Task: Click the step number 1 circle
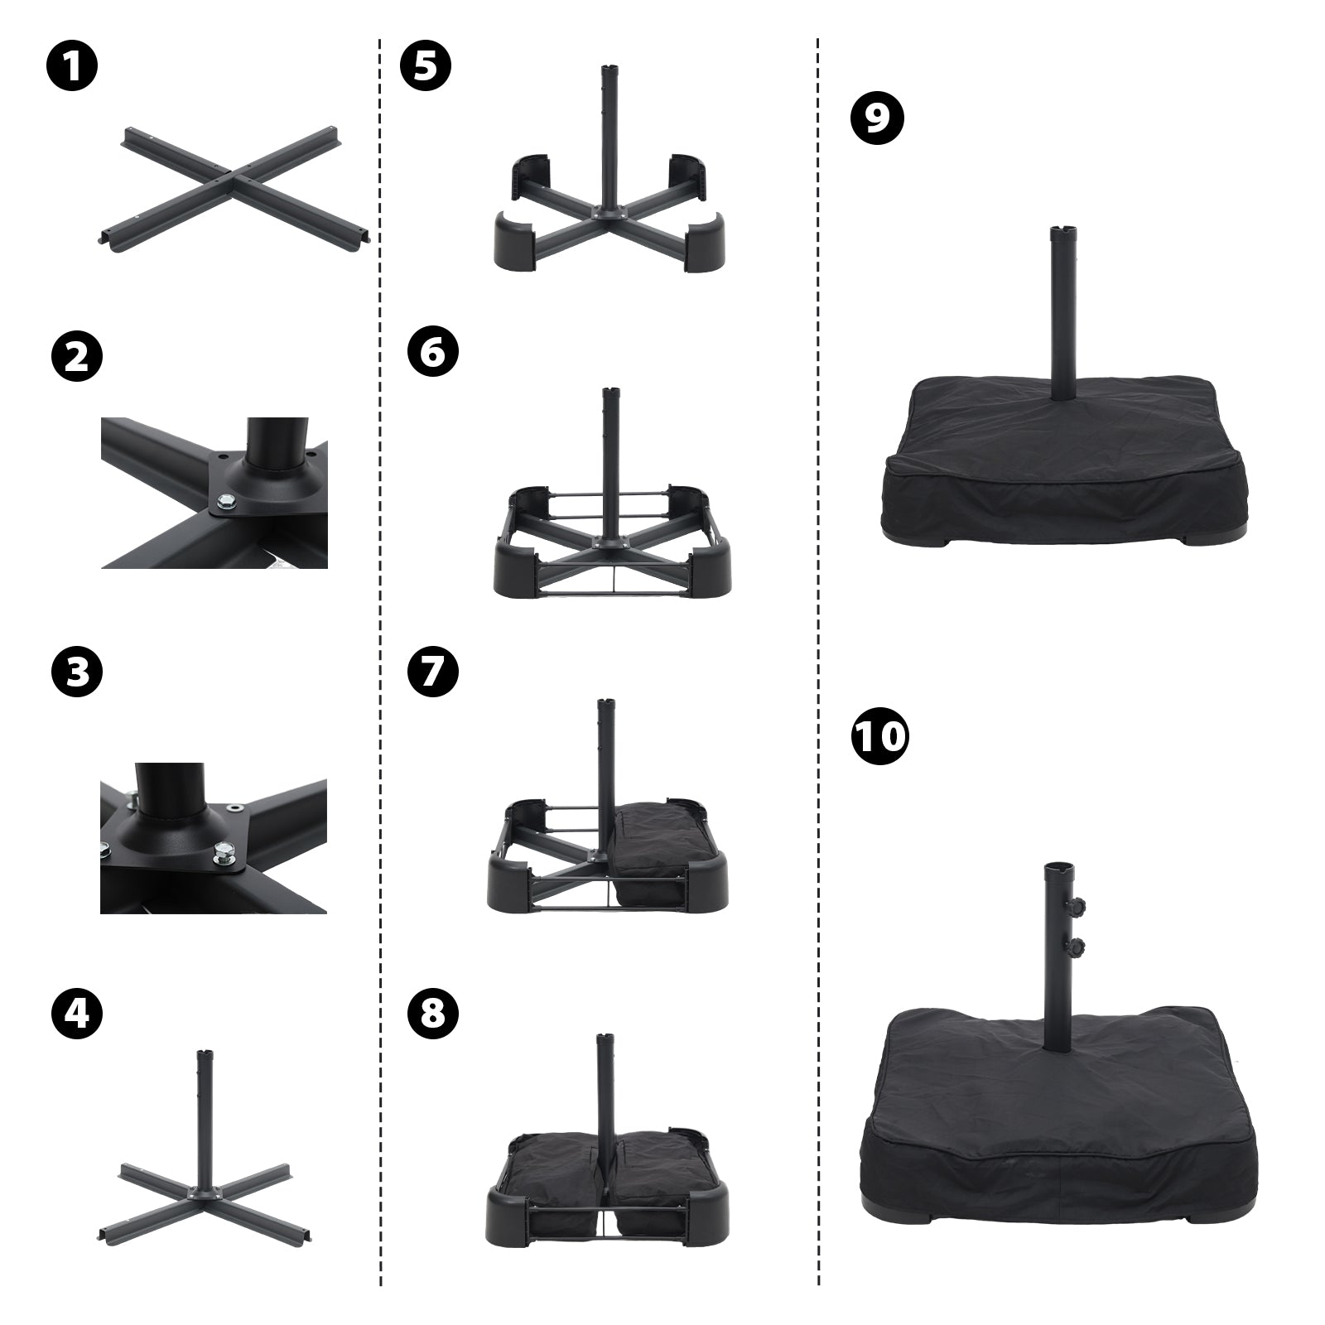(x=72, y=67)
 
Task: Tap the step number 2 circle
(x=77, y=357)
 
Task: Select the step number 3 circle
(x=77, y=672)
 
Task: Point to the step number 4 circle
(x=77, y=1014)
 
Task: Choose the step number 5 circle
(x=426, y=67)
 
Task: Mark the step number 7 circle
(x=432, y=672)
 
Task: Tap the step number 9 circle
(x=878, y=118)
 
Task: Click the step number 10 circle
(x=879, y=735)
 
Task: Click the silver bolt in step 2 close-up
(x=225, y=499)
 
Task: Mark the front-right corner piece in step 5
(x=703, y=239)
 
